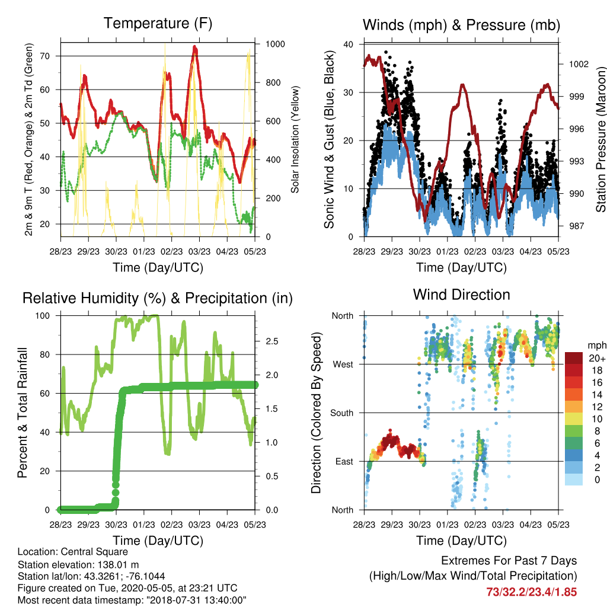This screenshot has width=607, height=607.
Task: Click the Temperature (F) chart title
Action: click(x=158, y=24)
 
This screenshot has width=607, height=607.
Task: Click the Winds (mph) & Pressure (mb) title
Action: click(x=461, y=25)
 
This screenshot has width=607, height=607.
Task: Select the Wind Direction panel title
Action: click(x=461, y=295)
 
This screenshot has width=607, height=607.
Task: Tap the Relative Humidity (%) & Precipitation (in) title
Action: click(x=158, y=299)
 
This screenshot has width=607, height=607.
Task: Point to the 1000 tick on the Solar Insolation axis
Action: click(x=275, y=44)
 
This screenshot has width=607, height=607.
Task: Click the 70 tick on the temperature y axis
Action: click(x=45, y=56)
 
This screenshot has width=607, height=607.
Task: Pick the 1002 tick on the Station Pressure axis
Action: click(x=579, y=64)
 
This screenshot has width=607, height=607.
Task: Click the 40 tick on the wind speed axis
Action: click(x=349, y=44)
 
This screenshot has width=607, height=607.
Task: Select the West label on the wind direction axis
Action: click(x=343, y=365)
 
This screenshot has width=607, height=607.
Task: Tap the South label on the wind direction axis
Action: click(x=342, y=413)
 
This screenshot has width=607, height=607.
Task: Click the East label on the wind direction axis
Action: click(x=344, y=461)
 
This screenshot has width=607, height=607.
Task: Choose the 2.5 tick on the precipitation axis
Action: click(x=271, y=341)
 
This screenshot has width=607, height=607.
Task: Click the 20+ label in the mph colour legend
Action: click(x=597, y=359)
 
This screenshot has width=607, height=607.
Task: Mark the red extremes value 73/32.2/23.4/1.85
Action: click(x=532, y=592)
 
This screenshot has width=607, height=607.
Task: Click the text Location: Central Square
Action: click(x=73, y=552)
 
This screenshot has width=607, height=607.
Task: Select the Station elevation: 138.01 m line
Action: click(x=78, y=564)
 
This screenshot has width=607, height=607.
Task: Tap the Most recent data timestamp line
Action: click(x=132, y=600)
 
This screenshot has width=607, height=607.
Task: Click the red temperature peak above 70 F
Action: click(x=194, y=48)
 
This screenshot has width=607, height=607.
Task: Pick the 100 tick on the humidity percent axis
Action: click(x=43, y=316)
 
